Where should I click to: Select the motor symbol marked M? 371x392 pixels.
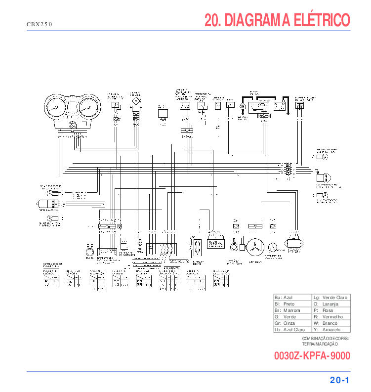[x=243, y=106]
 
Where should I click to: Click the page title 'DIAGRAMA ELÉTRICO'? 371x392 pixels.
[x=277, y=20]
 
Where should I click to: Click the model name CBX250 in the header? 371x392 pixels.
[x=39, y=24]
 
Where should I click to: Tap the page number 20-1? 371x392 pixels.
[x=340, y=380]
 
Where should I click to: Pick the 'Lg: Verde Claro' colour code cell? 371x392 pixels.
[x=331, y=298]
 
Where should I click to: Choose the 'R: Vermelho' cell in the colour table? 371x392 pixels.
[x=331, y=317]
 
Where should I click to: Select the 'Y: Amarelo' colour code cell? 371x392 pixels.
[x=331, y=330]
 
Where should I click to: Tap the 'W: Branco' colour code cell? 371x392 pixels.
[x=331, y=323]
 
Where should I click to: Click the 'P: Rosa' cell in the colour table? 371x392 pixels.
[x=331, y=310]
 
